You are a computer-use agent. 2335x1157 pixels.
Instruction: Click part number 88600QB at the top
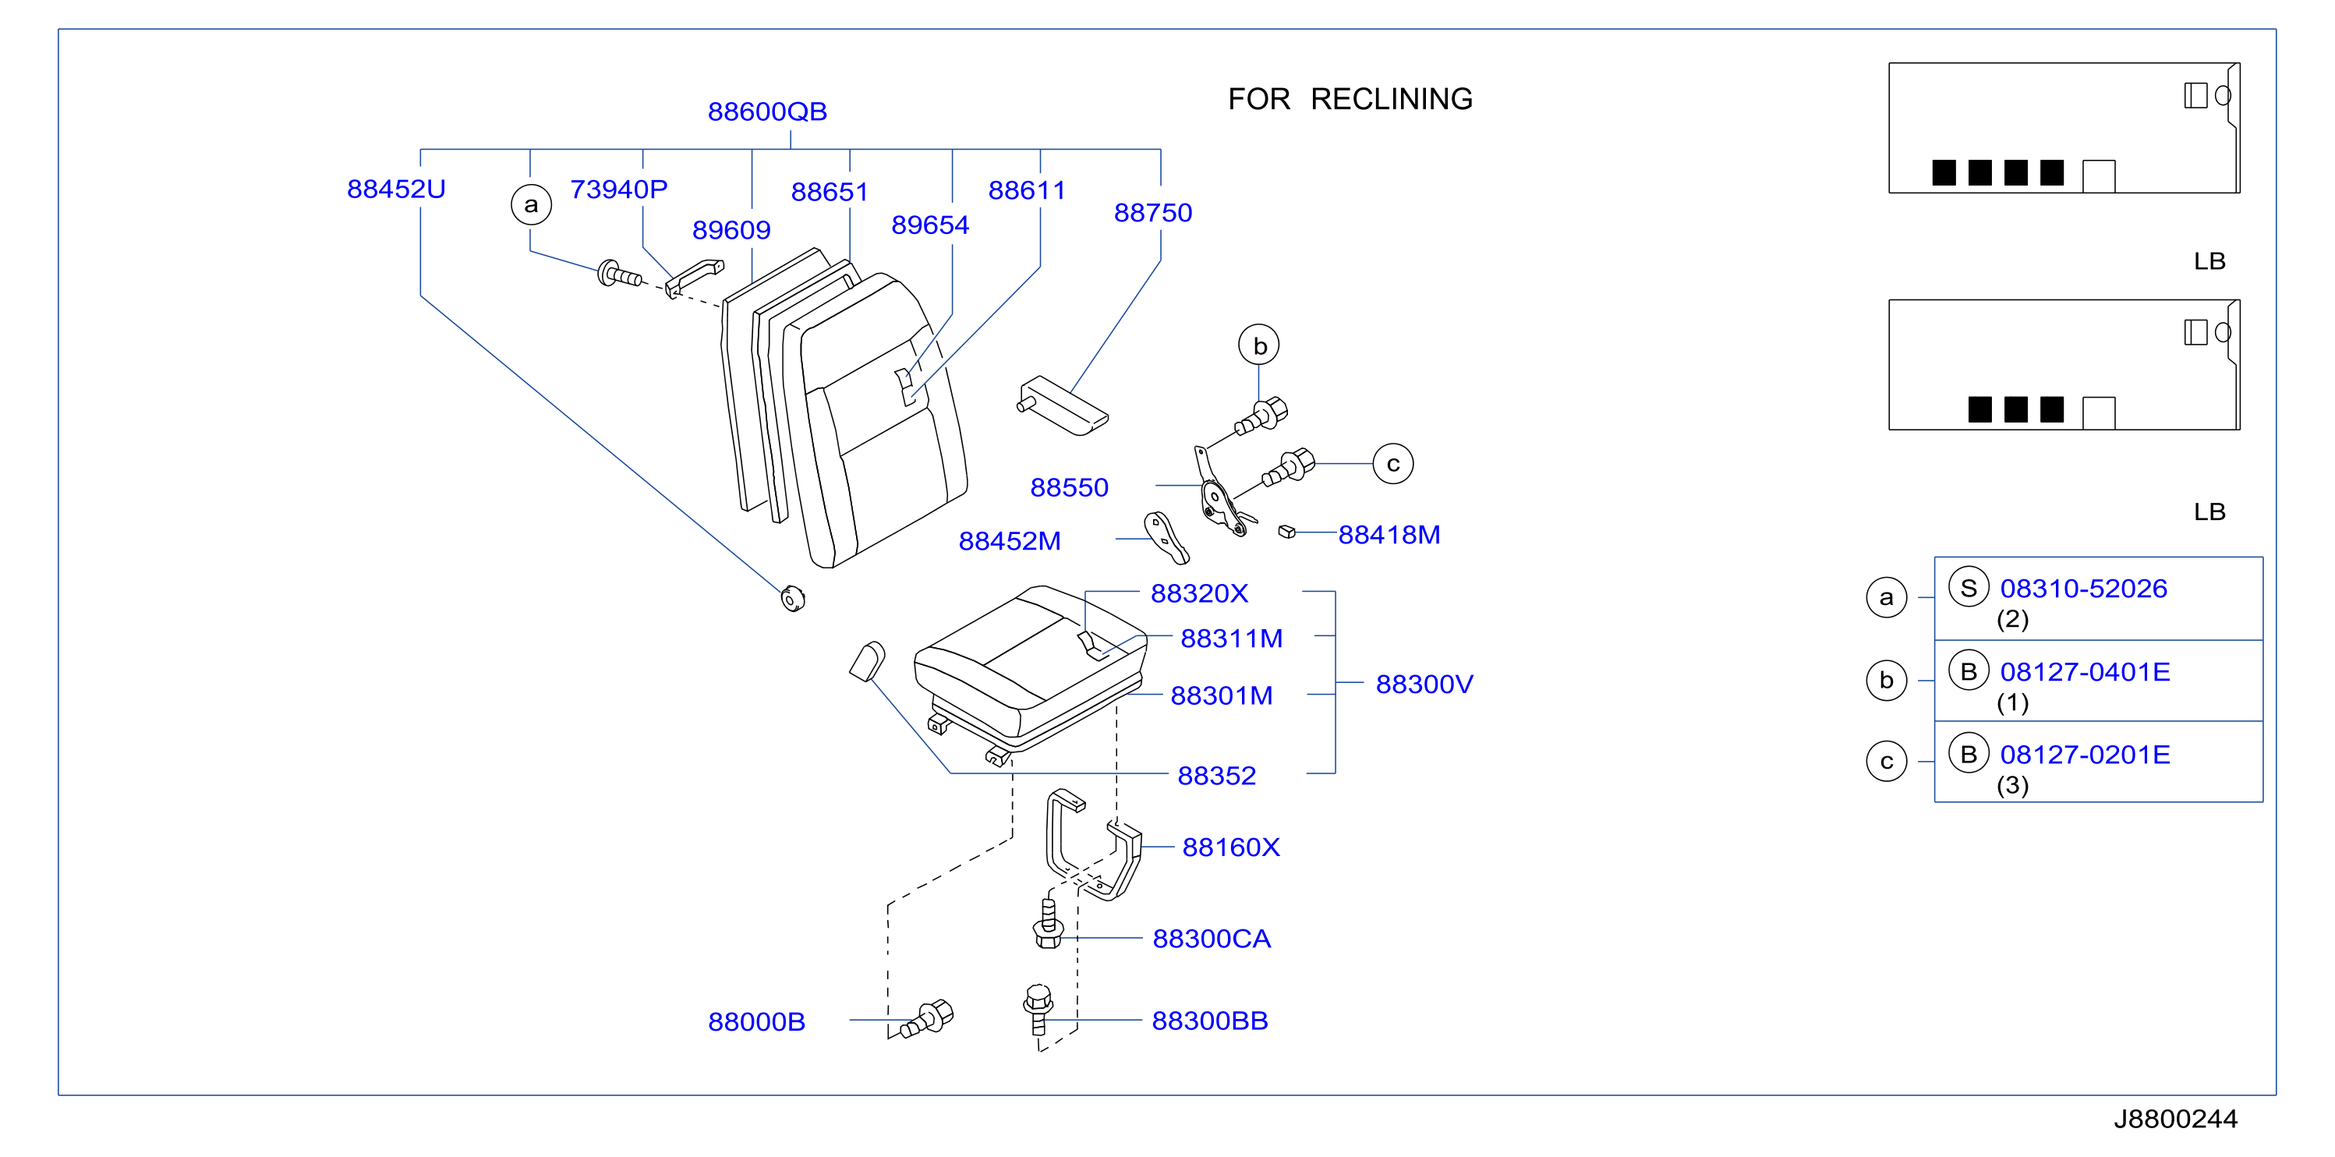[x=767, y=111]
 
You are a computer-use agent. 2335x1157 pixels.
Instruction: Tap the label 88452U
[x=396, y=189]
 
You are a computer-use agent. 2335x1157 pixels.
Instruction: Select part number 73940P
[x=618, y=189]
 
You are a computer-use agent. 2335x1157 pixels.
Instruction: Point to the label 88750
[x=1153, y=212]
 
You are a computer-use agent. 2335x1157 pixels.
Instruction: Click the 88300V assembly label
[x=1424, y=684]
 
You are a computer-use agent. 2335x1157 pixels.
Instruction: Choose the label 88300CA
[x=1211, y=939]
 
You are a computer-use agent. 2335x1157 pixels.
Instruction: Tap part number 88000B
[x=756, y=1022]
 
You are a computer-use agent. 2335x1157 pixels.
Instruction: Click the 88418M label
[x=1389, y=535]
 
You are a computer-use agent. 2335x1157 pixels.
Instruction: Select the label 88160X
[x=1231, y=847]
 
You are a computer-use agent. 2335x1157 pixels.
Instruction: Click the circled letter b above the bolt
[x=1259, y=345]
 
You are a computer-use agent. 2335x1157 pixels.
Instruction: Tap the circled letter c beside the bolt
[x=1393, y=463]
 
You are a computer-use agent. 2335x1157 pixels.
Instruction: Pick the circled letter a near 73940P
[x=531, y=204]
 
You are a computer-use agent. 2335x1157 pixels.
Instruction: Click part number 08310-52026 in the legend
[x=2084, y=589]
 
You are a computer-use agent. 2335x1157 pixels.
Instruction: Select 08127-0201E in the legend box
[x=2085, y=755]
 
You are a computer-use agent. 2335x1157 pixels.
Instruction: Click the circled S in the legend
[x=1969, y=588]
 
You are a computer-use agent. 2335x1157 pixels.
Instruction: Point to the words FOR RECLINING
[x=1350, y=99]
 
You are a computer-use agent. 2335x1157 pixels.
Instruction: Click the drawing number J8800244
[x=2175, y=1119]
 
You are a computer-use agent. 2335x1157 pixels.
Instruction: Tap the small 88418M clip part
[x=1286, y=532]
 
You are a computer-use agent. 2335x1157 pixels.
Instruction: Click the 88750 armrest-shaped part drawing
[x=1063, y=405]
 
